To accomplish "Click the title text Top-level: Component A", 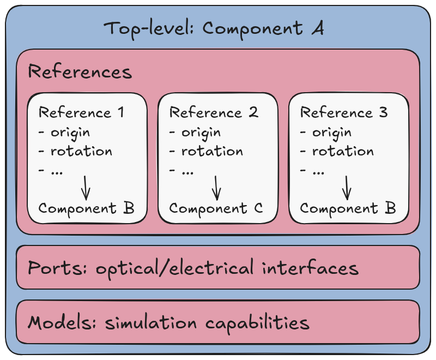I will (x=214, y=28).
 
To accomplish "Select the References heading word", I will (x=80, y=72).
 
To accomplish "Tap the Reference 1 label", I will (x=81, y=113).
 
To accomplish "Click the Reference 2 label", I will (x=214, y=113).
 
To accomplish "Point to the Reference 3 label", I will (x=344, y=113).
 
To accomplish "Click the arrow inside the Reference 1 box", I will (x=86, y=187).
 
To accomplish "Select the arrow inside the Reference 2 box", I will (x=217, y=187).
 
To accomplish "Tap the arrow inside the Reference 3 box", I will (x=347, y=187).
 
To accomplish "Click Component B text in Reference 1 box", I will (x=86, y=208).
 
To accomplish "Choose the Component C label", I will (x=216, y=208).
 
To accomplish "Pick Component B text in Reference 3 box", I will (x=347, y=208).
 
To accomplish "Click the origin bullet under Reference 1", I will (x=64, y=133).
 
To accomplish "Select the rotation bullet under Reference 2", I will (x=206, y=152).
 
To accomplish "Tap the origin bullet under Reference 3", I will (x=326, y=133).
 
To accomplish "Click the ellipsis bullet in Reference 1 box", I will (x=51, y=171).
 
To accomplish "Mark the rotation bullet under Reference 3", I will (x=337, y=152).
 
